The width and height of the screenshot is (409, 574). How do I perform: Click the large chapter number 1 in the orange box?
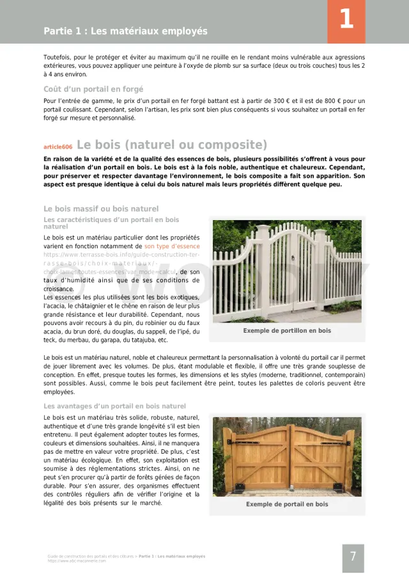click(x=346, y=19)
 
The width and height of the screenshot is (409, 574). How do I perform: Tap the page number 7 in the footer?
click(x=353, y=557)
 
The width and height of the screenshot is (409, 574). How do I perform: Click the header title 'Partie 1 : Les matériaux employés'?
click(x=125, y=31)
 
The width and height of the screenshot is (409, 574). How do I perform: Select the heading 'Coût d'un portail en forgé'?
click(x=93, y=89)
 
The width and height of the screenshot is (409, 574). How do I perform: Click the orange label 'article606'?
click(x=58, y=147)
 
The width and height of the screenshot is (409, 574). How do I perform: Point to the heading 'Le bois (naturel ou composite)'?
click(x=172, y=145)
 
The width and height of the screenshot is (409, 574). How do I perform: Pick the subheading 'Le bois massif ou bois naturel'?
click(x=101, y=209)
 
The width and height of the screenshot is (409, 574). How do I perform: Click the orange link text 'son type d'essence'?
click(x=172, y=246)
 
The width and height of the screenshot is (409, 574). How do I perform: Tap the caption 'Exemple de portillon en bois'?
click(x=287, y=331)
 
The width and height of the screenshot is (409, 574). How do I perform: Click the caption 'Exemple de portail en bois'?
click(x=287, y=504)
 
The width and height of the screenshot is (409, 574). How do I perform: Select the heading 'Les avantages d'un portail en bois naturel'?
click(x=114, y=406)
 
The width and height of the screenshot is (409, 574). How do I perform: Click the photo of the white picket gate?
click(x=287, y=271)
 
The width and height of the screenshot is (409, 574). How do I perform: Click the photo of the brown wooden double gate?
click(x=287, y=456)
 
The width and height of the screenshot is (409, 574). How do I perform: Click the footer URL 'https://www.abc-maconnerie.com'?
click(x=77, y=561)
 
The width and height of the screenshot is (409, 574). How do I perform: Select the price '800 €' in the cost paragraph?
click(x=336, y=101)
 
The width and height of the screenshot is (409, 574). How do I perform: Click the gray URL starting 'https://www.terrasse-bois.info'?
click(x=121, y=255)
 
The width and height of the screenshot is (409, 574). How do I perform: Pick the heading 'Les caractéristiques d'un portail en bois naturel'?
click(x=111, y=223)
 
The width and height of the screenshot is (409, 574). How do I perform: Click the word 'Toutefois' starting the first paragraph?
click(x=56, y=58)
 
